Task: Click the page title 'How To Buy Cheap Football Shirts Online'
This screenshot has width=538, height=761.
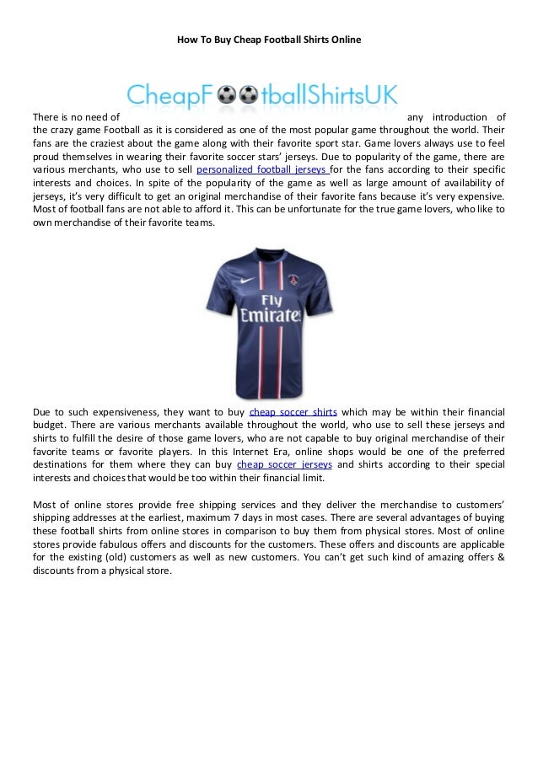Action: click(268, 39)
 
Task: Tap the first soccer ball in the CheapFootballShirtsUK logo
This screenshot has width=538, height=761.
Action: click(226, 95)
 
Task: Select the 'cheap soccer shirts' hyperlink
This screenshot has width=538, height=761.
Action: click(294, 412)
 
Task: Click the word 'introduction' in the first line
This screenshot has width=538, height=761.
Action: click(461, 115)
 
